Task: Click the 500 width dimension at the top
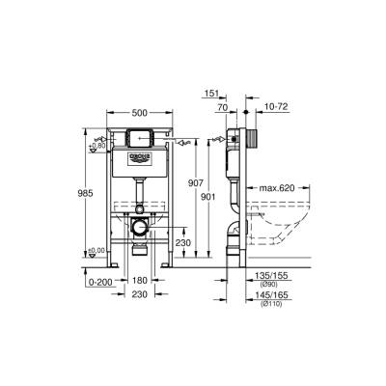pos(140,111)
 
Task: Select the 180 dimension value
pos(141,279)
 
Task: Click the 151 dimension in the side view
pos(212,95)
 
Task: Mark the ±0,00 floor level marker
pos(96,252)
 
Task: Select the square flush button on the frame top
pos(140,137)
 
